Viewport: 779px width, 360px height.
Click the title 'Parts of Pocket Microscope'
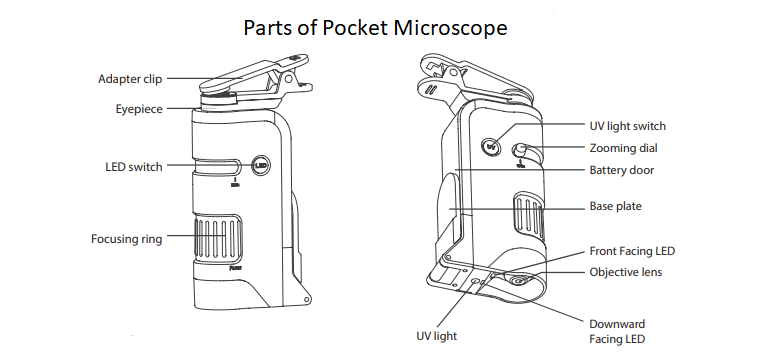click(x=375, y=27)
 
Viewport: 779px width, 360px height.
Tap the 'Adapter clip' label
click(x=129, y=79)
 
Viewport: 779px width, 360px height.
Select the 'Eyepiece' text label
click(x=138, y=108)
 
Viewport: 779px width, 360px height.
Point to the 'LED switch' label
click(x=133, y=167)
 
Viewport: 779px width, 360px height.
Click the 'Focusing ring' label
click(x=126, y=239)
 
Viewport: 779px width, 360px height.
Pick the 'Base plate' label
click(x=615, y=207)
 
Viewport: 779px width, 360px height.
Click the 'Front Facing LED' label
click(x=632, y=251)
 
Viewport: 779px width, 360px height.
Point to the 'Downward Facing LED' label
click(x=618, y=331)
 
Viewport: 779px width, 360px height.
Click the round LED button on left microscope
click(x=261, y=166)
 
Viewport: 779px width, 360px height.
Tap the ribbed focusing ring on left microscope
click(x=217, y=240)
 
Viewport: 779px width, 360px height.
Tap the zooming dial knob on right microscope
click(x=521, y=151)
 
